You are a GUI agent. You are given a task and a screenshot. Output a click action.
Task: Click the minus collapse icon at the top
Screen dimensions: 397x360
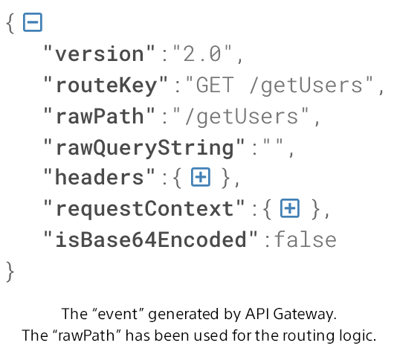[33, 22]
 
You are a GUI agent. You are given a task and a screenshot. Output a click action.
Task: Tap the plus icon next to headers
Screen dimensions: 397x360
[201, 177]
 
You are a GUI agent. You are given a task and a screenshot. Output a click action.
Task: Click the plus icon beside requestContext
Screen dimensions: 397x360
[290, 208]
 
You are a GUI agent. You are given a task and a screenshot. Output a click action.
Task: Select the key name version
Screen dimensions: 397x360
[100, 54]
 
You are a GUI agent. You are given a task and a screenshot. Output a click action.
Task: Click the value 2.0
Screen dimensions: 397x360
[202, 54]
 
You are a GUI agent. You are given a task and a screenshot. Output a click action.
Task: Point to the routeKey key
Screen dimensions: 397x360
[106, 85]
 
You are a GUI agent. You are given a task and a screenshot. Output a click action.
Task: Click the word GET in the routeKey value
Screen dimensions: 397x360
[215, 85]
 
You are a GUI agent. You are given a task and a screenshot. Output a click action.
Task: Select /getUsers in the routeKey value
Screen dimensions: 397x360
[306, 86]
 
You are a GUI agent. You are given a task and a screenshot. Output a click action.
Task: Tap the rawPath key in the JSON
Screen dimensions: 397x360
[100, 116]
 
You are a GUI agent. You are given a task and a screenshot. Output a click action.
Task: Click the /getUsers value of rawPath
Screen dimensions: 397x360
[242, 117]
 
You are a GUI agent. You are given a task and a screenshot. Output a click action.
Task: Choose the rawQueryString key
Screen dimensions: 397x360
[144, 148]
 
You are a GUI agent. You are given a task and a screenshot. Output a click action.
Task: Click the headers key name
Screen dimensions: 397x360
[100, 177]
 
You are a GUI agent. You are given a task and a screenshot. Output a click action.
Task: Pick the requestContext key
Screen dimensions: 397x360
[144, 209]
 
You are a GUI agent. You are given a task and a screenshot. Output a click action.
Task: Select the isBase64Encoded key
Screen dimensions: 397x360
[151, 240]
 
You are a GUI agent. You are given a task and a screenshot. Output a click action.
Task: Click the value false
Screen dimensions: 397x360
[306, 240]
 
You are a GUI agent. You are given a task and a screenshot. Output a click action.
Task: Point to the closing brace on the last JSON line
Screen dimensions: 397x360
[10, 271]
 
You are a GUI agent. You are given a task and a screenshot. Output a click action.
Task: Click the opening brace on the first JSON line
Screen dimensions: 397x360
[10, 23]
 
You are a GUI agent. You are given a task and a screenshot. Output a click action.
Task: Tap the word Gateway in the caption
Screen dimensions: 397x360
[305, 315]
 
